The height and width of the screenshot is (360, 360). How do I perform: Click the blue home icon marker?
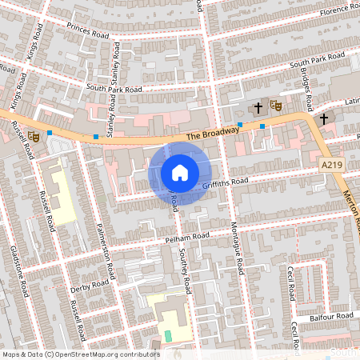[x=180, y=172]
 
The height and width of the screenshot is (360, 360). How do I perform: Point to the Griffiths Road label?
[x=226, y=183]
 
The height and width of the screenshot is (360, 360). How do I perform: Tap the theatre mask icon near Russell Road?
[x=34, y=135]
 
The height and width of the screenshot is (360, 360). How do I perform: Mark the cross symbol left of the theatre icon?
[x=258, y=106]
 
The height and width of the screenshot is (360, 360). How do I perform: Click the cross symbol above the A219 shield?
[x=323, y=118]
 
